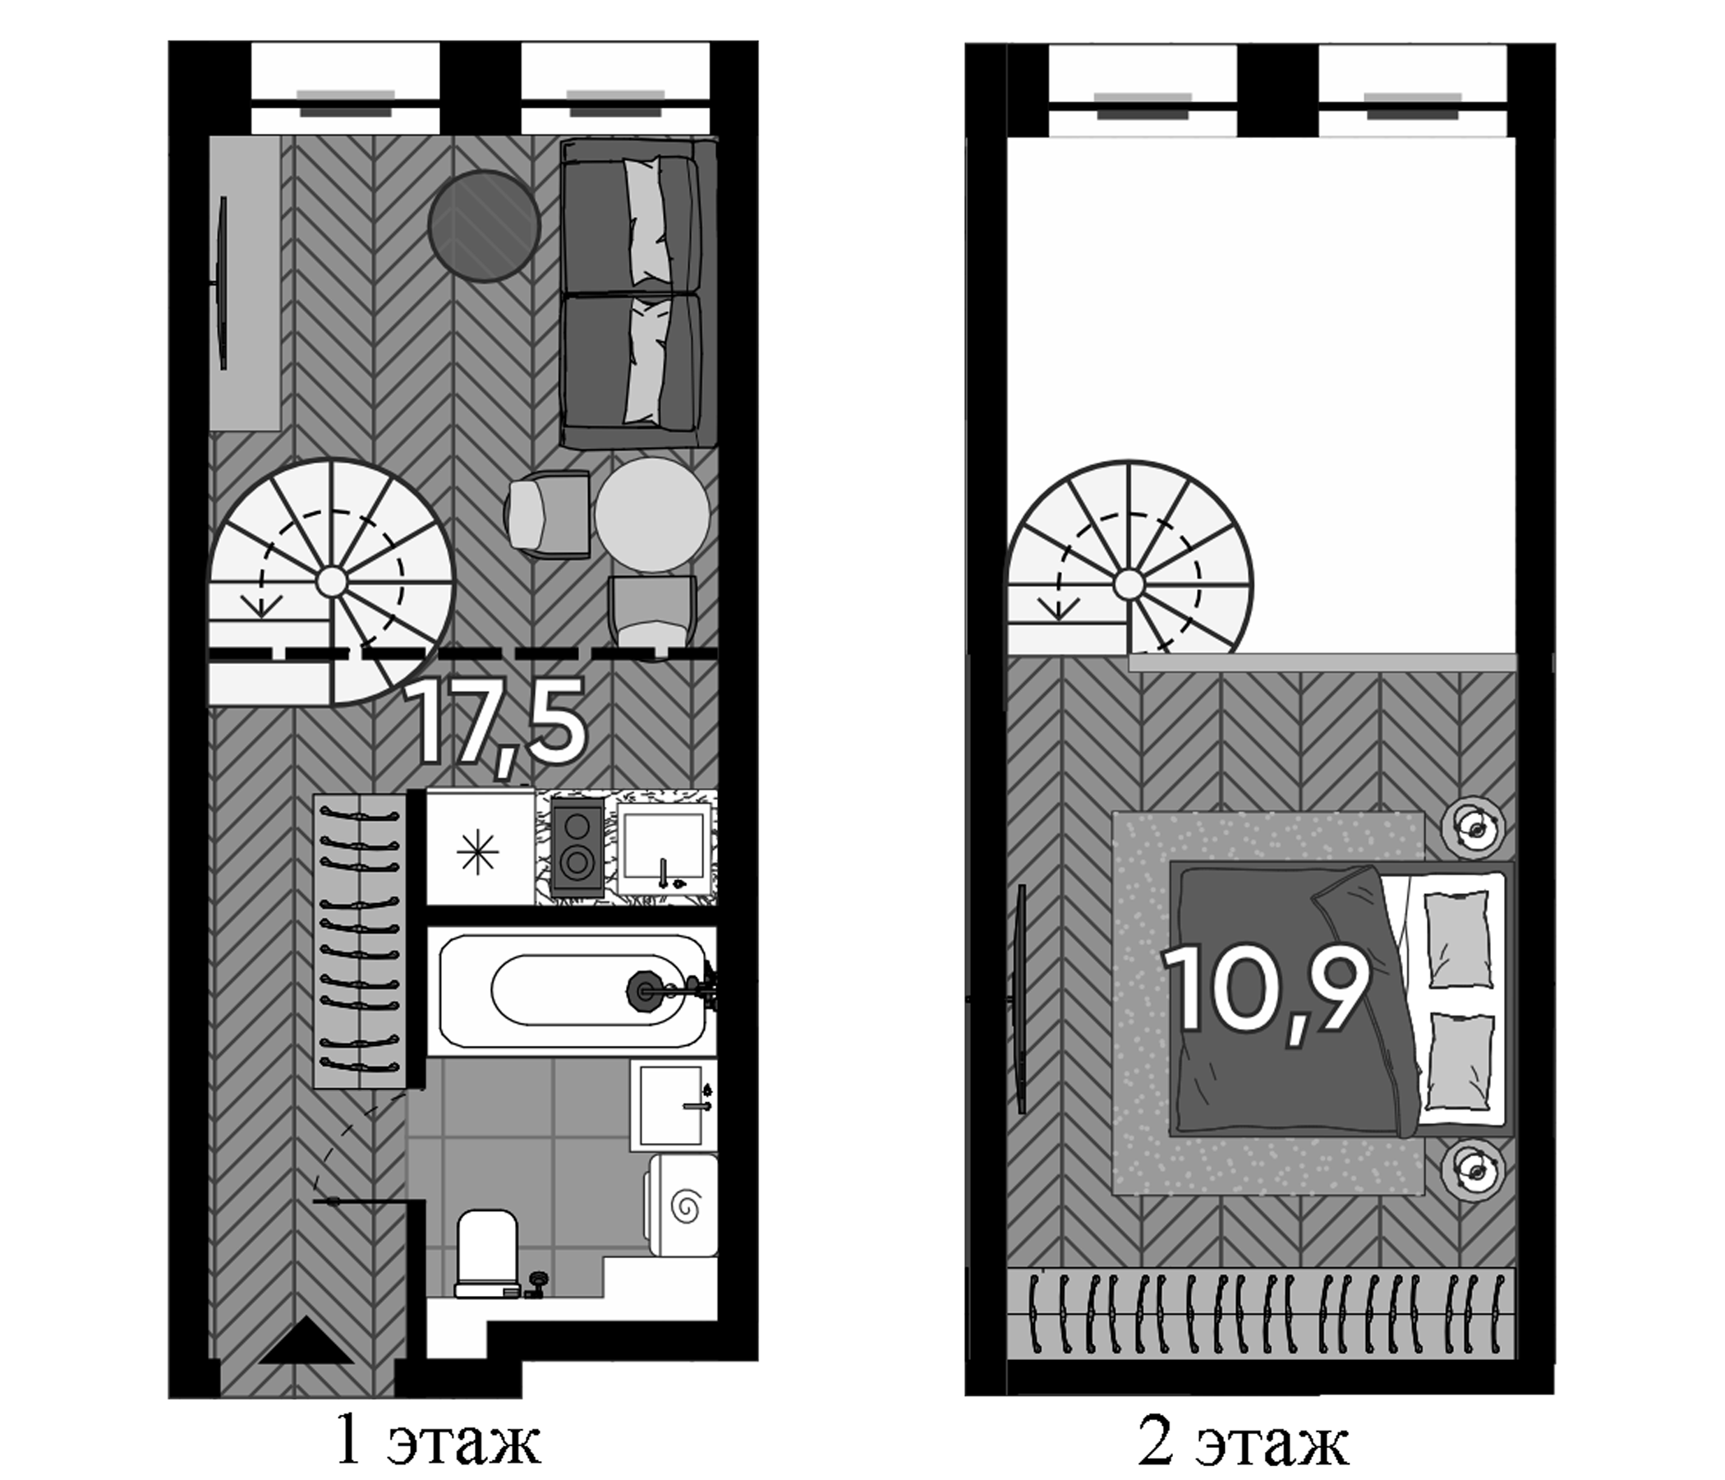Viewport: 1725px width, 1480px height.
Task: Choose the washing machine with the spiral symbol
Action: click(681, 1205)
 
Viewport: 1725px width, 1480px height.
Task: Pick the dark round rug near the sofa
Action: click(485, 226)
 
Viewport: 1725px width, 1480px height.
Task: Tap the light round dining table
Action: click(653, 514)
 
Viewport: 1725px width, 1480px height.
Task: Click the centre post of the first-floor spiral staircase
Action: click(331, 581)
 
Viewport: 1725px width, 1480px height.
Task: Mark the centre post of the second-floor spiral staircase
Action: click(1129, 583)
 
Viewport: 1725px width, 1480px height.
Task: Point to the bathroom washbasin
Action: click(674, 1104)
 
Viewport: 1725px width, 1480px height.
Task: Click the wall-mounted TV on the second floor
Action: click(1021, 998)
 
